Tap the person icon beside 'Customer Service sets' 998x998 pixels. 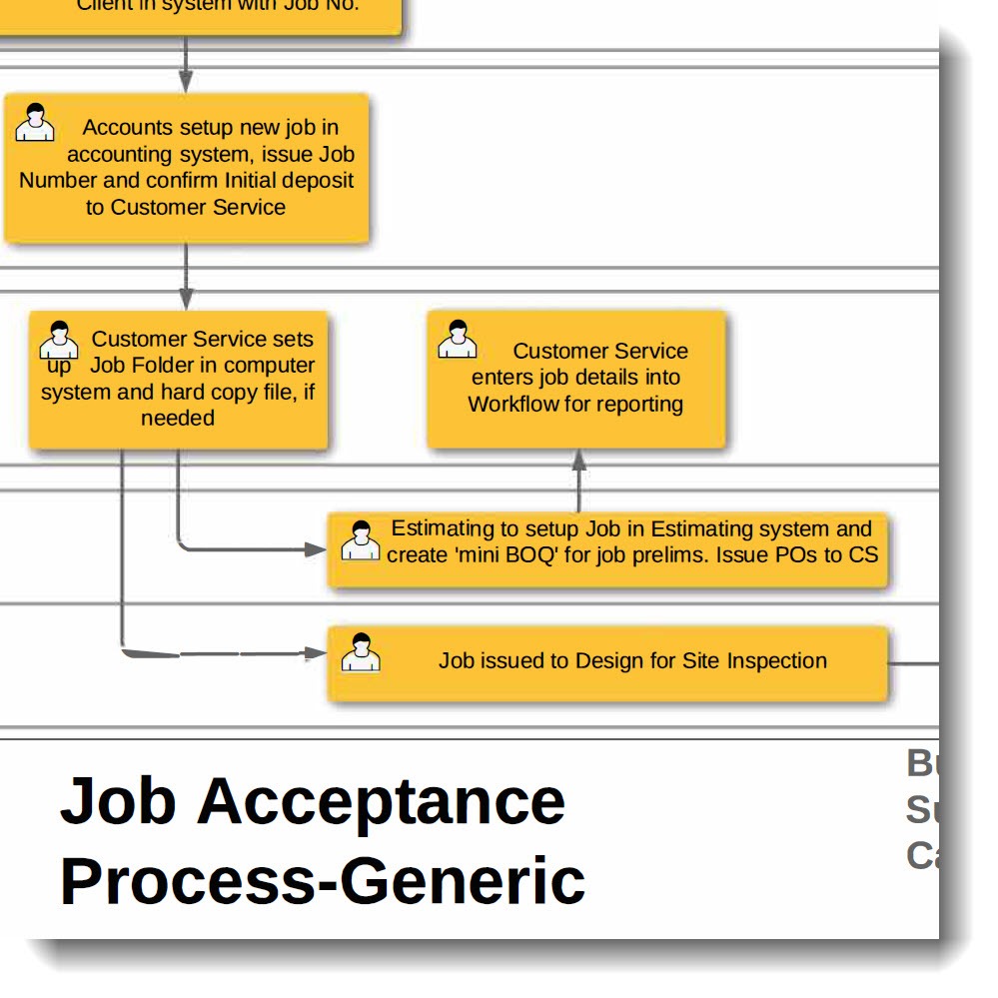59,341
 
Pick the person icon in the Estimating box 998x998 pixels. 361,540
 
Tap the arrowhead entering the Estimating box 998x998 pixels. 316,548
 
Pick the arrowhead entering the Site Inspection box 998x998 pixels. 316,653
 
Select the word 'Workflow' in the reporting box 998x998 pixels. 507,405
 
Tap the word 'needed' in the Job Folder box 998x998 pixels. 178,419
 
